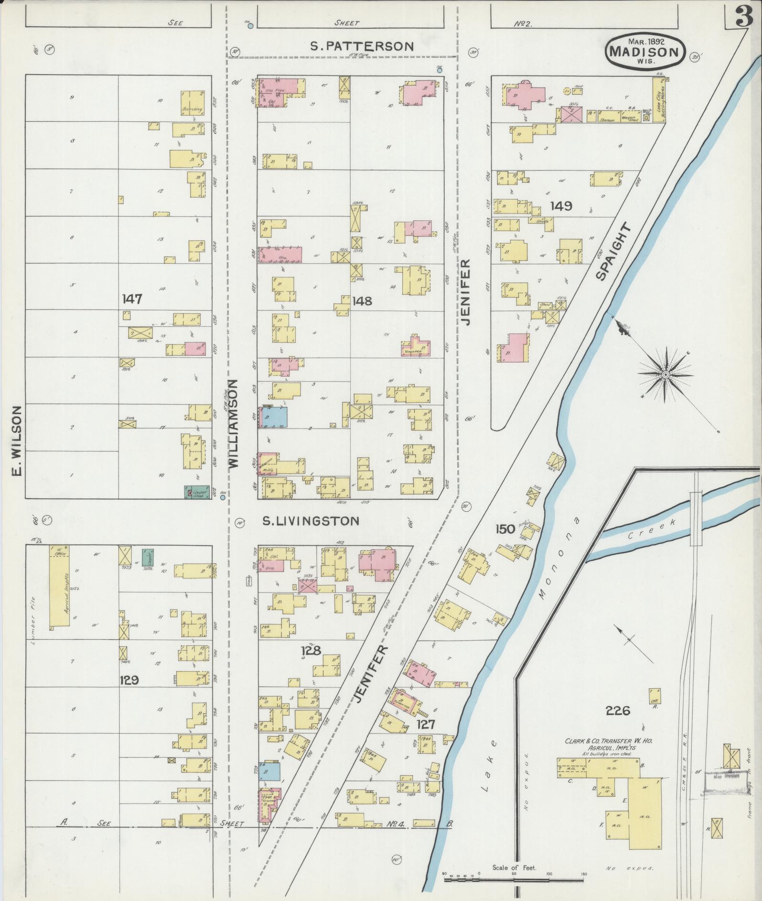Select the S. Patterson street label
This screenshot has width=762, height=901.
pos(362,46)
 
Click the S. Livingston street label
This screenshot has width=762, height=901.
pos(311,521)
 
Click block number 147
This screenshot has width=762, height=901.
pos(132,299)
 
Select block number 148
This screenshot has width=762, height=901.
pos(362,301)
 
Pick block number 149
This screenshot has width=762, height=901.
pos(560,206)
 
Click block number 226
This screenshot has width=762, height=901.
pos(618,711)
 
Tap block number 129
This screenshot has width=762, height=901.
pos(129,679)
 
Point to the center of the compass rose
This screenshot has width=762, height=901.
pos(665,375)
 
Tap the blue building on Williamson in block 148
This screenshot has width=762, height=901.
pos(274,417)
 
